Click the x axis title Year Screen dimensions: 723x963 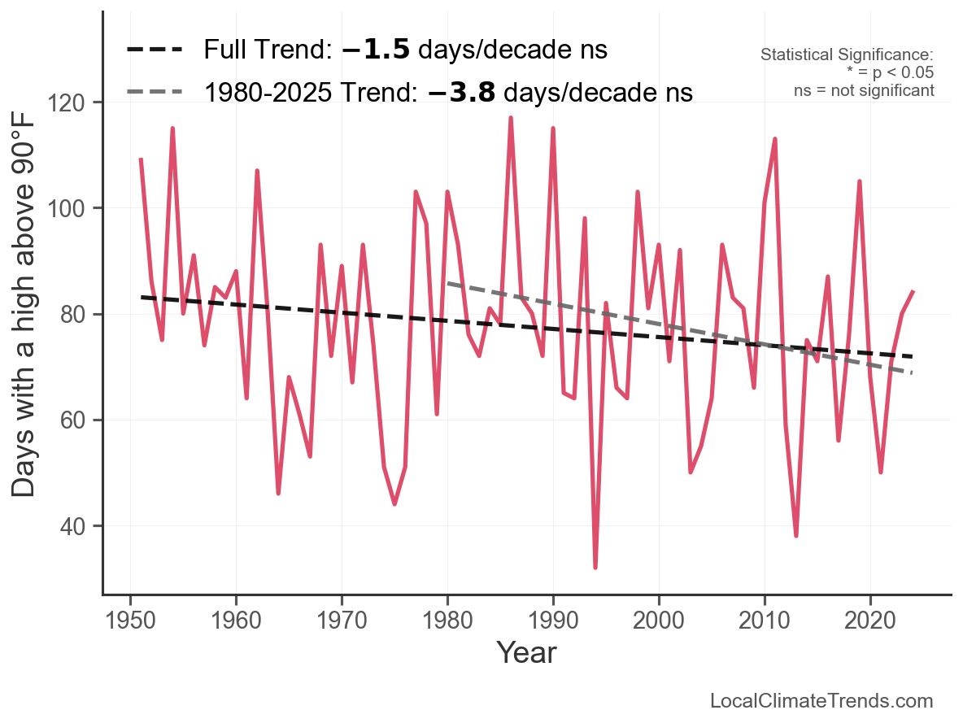(526, 653)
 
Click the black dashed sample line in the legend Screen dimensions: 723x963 (155, 50)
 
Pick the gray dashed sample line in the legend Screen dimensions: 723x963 (155, 93)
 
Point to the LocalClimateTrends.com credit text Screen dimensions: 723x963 (821, 701)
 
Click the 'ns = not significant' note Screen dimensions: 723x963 (864, 90)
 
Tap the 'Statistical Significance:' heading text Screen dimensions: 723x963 (847, 54)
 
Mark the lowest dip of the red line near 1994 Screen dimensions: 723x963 (595, 567)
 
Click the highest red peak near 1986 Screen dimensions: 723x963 (511, 119)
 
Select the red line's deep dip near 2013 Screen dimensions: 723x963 (796, 535)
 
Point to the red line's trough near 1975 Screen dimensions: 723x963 (394, 503)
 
